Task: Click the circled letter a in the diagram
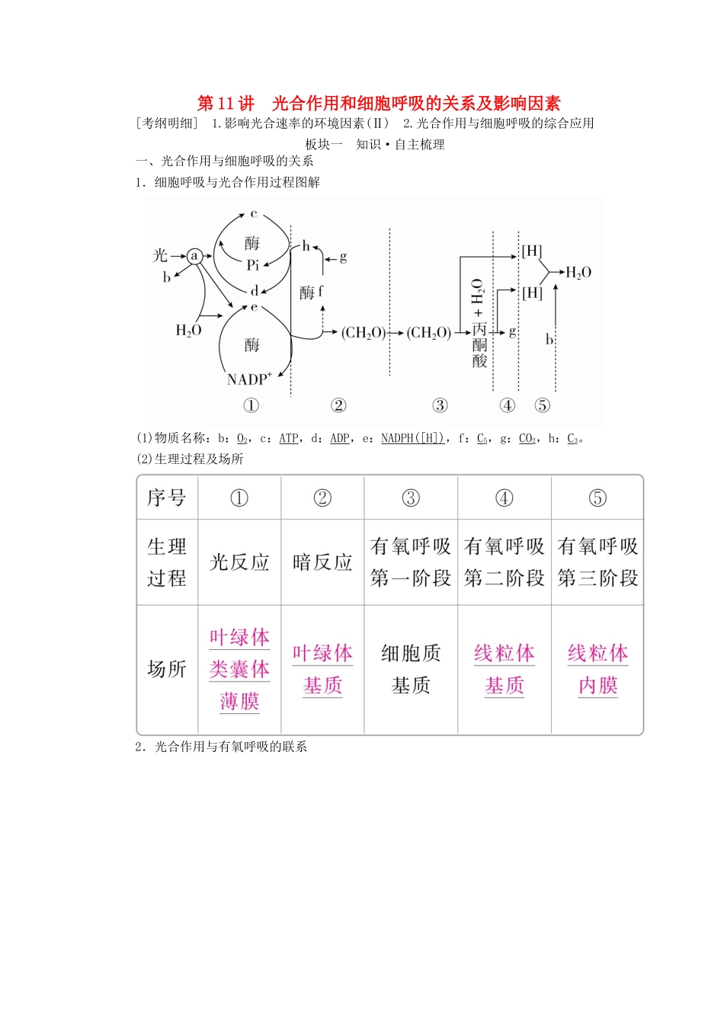(194, 256)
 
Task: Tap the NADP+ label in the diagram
(248, 379)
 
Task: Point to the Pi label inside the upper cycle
(253, 265)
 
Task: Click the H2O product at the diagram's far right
(578, 273)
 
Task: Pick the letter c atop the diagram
(254, 214)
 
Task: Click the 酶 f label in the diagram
(311, 292)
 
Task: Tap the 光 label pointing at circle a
(160, 255)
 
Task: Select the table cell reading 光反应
(239, 562)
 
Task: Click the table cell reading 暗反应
(322, 562)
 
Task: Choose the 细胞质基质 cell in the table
(411, 669)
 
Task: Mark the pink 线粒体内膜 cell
(597, 669)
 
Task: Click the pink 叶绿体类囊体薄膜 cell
(239, 669)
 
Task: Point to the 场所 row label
(167, 669)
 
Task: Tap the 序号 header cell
(167, 498)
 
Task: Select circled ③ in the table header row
(411, 498)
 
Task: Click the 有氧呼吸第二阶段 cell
(504, 562)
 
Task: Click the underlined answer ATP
(289, 438)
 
